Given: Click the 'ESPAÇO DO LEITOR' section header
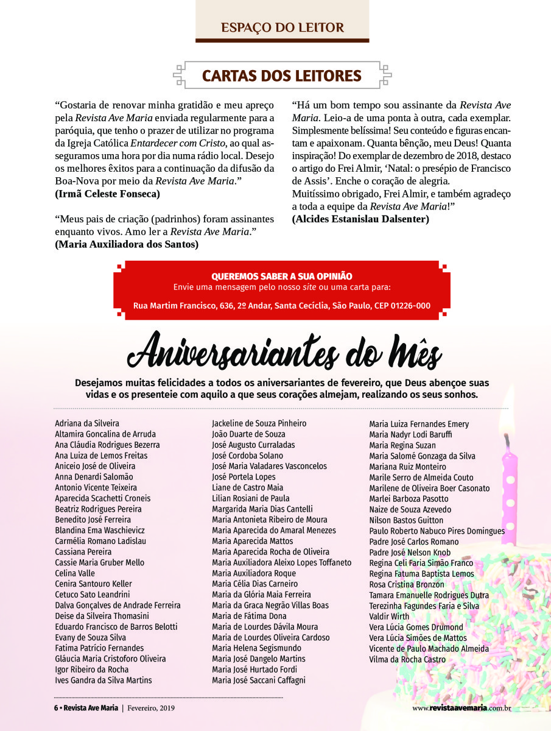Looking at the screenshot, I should click(x=282, y=27).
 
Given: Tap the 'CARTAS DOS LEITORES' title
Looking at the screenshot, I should click(x=282, y=76).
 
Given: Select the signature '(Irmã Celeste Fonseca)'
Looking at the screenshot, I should click(x=107, y=194).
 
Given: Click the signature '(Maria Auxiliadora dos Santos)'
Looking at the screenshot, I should click(x=127, y=244).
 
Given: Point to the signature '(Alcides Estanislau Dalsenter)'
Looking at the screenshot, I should click(x=360, y=219).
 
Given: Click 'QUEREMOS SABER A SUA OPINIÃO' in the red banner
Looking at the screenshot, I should click(x=281, y=277).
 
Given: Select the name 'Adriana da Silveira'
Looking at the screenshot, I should click(x=87, y=423).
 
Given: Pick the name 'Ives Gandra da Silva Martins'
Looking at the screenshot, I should click(x=104, y=680).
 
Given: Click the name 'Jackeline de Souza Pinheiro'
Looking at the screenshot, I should click(x=259, y=423).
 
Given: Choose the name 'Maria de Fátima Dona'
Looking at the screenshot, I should click(x=249, y=616).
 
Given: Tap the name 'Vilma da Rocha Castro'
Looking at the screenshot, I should click(x=407, y=659).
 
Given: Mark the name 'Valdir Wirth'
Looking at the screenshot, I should click(x=390, y=616).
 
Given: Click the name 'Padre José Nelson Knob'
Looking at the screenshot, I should click(x=410, y=553).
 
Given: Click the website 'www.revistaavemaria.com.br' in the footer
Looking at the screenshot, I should click(x=461, y=708).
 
